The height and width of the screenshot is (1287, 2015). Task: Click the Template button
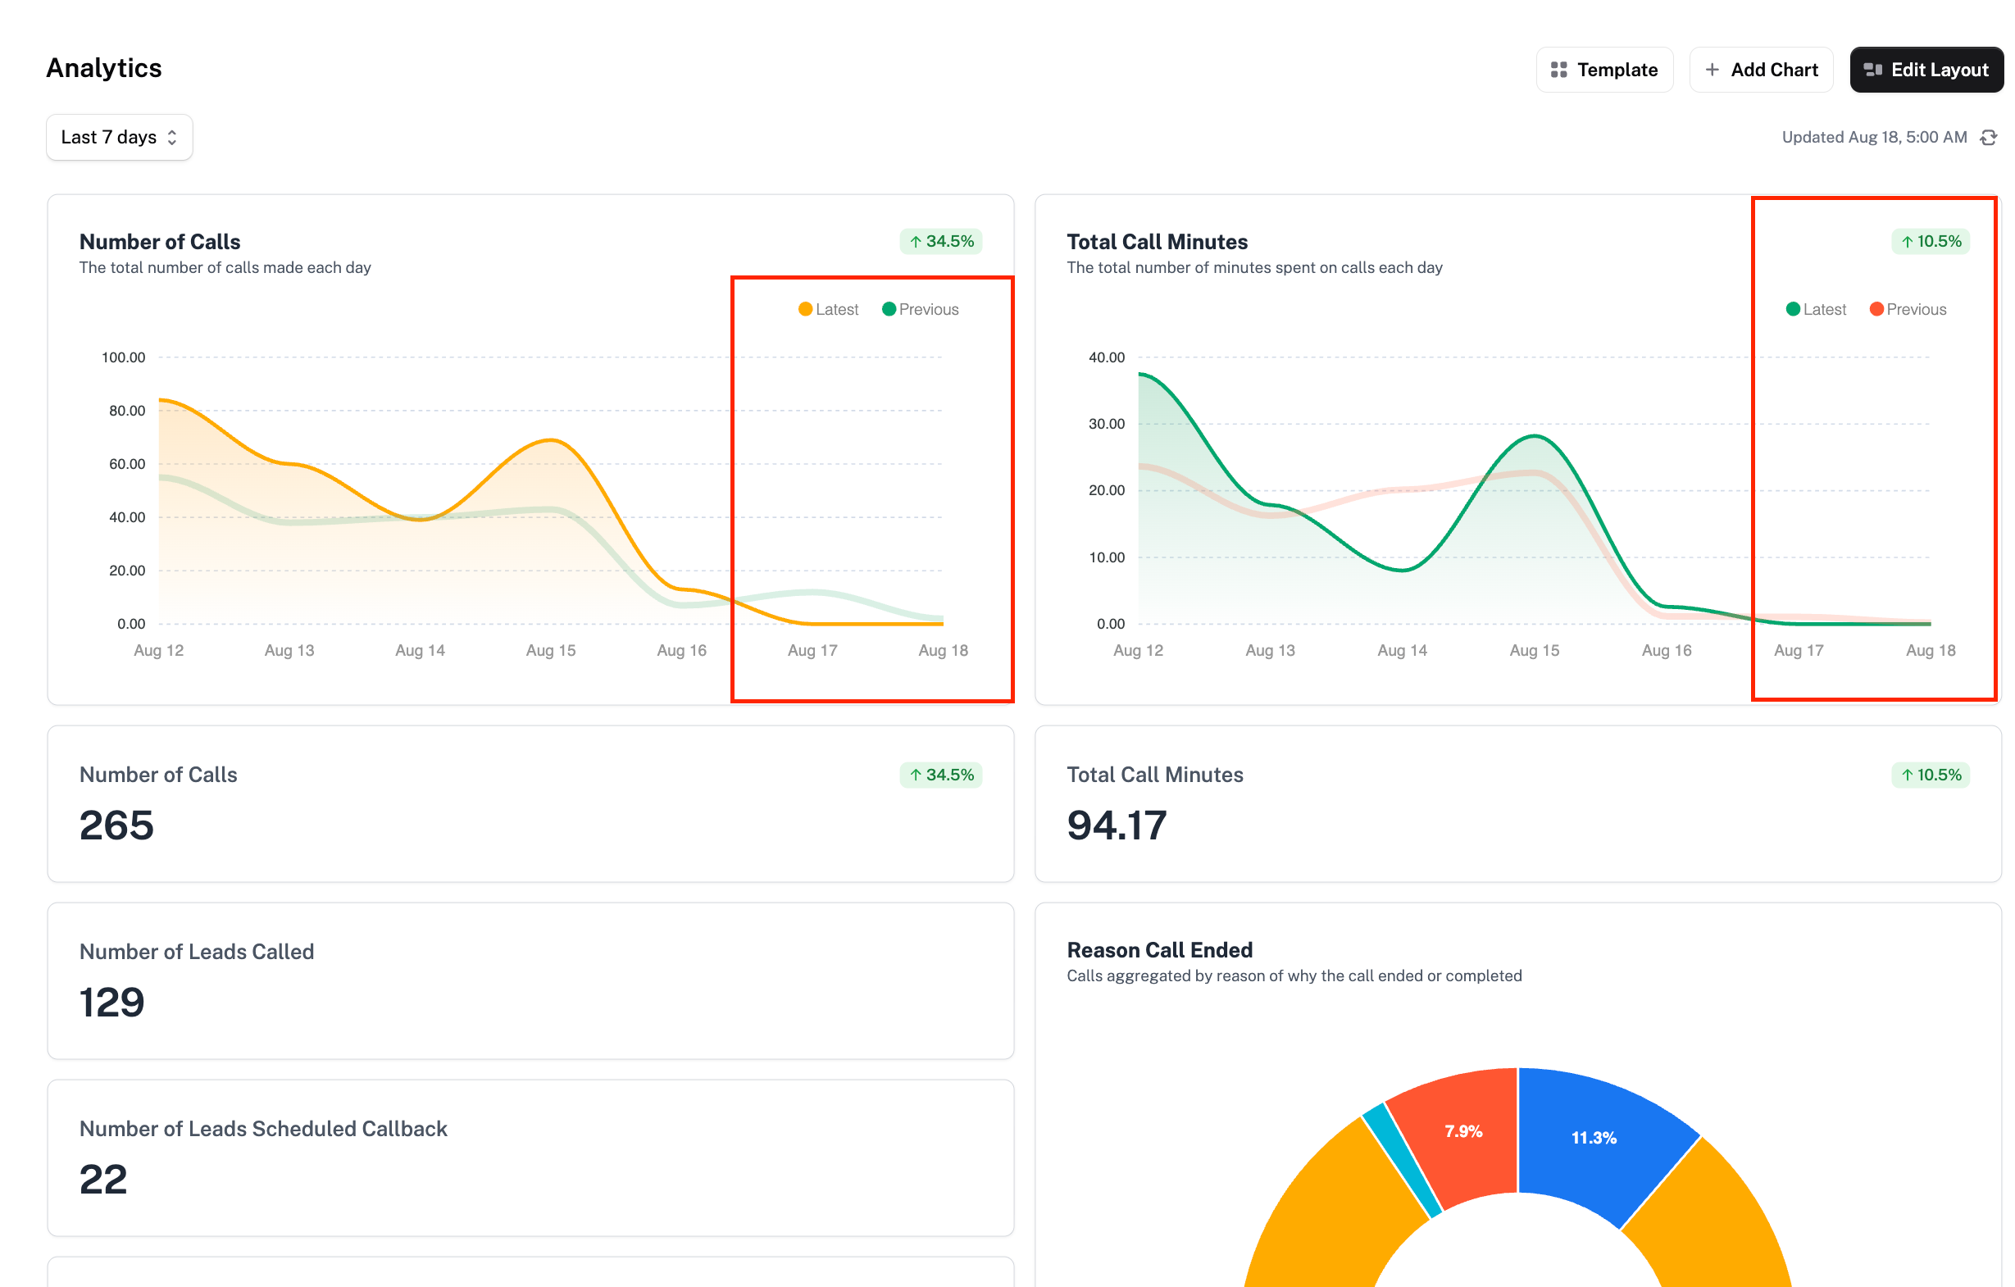point(1604,70)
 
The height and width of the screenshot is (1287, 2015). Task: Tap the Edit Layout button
point(1926,70)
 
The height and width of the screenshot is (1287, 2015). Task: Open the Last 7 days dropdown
point(119,137)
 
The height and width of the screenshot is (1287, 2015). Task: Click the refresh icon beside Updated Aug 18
point(1989,137)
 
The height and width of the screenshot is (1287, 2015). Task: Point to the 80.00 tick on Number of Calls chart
point(127,411)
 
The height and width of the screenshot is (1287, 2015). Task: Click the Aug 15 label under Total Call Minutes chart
point(1534,650)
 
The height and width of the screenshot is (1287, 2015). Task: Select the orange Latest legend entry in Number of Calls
point(829,310)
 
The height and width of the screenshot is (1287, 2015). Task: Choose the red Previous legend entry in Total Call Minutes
point(1908,310)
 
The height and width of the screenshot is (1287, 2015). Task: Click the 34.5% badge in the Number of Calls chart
point(941,242)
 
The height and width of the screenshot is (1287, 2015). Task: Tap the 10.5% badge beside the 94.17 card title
point(1931,775)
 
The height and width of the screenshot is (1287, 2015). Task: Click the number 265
point(116,826)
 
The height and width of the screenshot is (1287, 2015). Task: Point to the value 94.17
point(1117,826)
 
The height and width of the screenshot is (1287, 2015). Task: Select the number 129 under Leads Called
point(112,1003)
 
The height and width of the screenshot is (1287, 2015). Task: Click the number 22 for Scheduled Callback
point(104,1180)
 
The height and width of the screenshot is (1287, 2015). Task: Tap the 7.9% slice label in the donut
point(1463,1131)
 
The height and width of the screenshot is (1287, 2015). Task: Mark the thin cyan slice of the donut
point(1403,1159)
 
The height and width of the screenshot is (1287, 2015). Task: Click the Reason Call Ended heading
point(1160,950)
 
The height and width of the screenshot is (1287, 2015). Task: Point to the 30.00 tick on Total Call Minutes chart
point(1106,425)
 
